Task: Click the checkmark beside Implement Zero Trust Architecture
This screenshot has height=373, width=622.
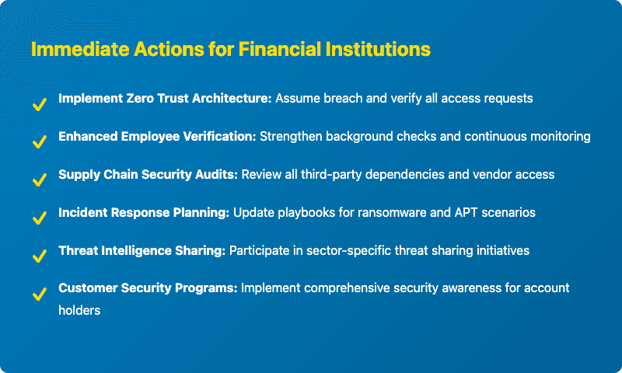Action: click(37, 105)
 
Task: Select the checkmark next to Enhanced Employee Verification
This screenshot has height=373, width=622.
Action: click(37, 142)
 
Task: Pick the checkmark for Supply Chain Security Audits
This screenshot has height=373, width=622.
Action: click(37, 180)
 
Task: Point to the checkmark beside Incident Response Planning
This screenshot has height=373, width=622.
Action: click(37, 218)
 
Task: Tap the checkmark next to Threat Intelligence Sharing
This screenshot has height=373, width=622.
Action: click(37, 256)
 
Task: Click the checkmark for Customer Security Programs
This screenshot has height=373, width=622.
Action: click(37, 294)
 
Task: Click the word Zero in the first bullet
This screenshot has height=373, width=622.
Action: click(139, 99)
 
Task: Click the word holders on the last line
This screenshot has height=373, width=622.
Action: click(80, 309)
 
